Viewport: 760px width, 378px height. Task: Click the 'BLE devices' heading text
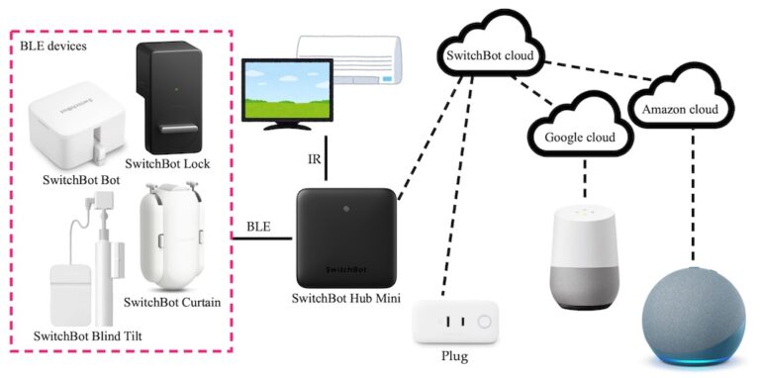tap(50, 45)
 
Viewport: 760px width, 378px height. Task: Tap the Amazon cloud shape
tap(684, 106)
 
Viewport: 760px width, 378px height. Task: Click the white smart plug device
tap(456, 324)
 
